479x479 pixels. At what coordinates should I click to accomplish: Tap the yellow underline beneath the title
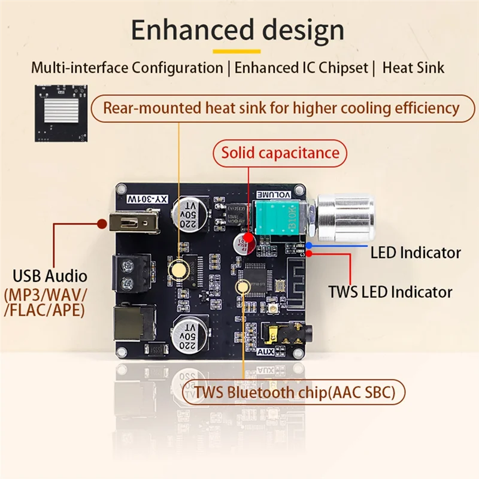(x=238, y=51)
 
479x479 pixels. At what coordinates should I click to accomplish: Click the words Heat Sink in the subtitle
(x=413, y=67)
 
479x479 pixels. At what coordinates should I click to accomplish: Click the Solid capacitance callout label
(x=280, y=153)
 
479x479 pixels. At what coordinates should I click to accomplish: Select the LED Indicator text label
(x=415, y=253)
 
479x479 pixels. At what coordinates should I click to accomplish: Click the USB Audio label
(x=50, y=277)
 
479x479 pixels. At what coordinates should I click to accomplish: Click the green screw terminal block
(x=128, y=273)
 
